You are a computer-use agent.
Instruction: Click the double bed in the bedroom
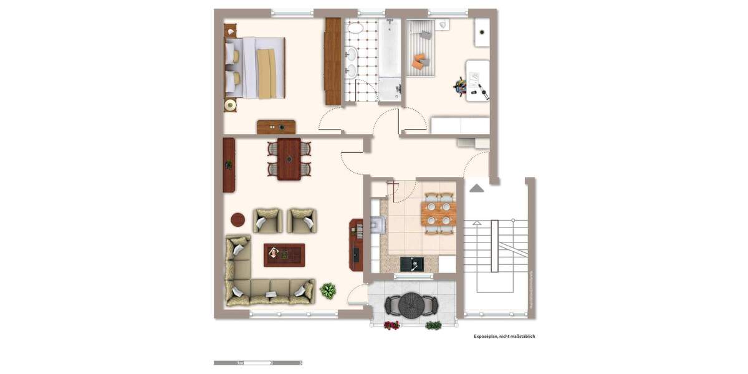[x=256, y=67]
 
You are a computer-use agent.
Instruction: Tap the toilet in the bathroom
[x=443, y=25]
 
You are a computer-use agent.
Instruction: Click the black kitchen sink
[x=411, y=264]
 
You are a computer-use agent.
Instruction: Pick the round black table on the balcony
[x=411, y=305]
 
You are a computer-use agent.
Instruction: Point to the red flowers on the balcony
[x=391, y=325]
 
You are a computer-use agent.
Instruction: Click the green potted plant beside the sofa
[x=328, y=290]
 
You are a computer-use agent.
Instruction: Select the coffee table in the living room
[x=284, y=254]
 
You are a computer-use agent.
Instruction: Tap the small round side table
[x=238, y=219]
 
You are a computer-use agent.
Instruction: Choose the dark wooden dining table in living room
[x=289, y=159]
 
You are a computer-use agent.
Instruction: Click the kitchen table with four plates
[x=438, y=213]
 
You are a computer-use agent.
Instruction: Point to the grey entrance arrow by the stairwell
[x=477, y=188]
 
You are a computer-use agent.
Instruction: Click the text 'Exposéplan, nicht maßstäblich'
[x=504, y=336]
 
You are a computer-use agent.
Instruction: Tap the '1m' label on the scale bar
[x=239, y=363]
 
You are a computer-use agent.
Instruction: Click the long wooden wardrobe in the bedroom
[x=333, y=61]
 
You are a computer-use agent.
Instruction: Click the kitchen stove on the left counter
[x=376, y=223]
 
